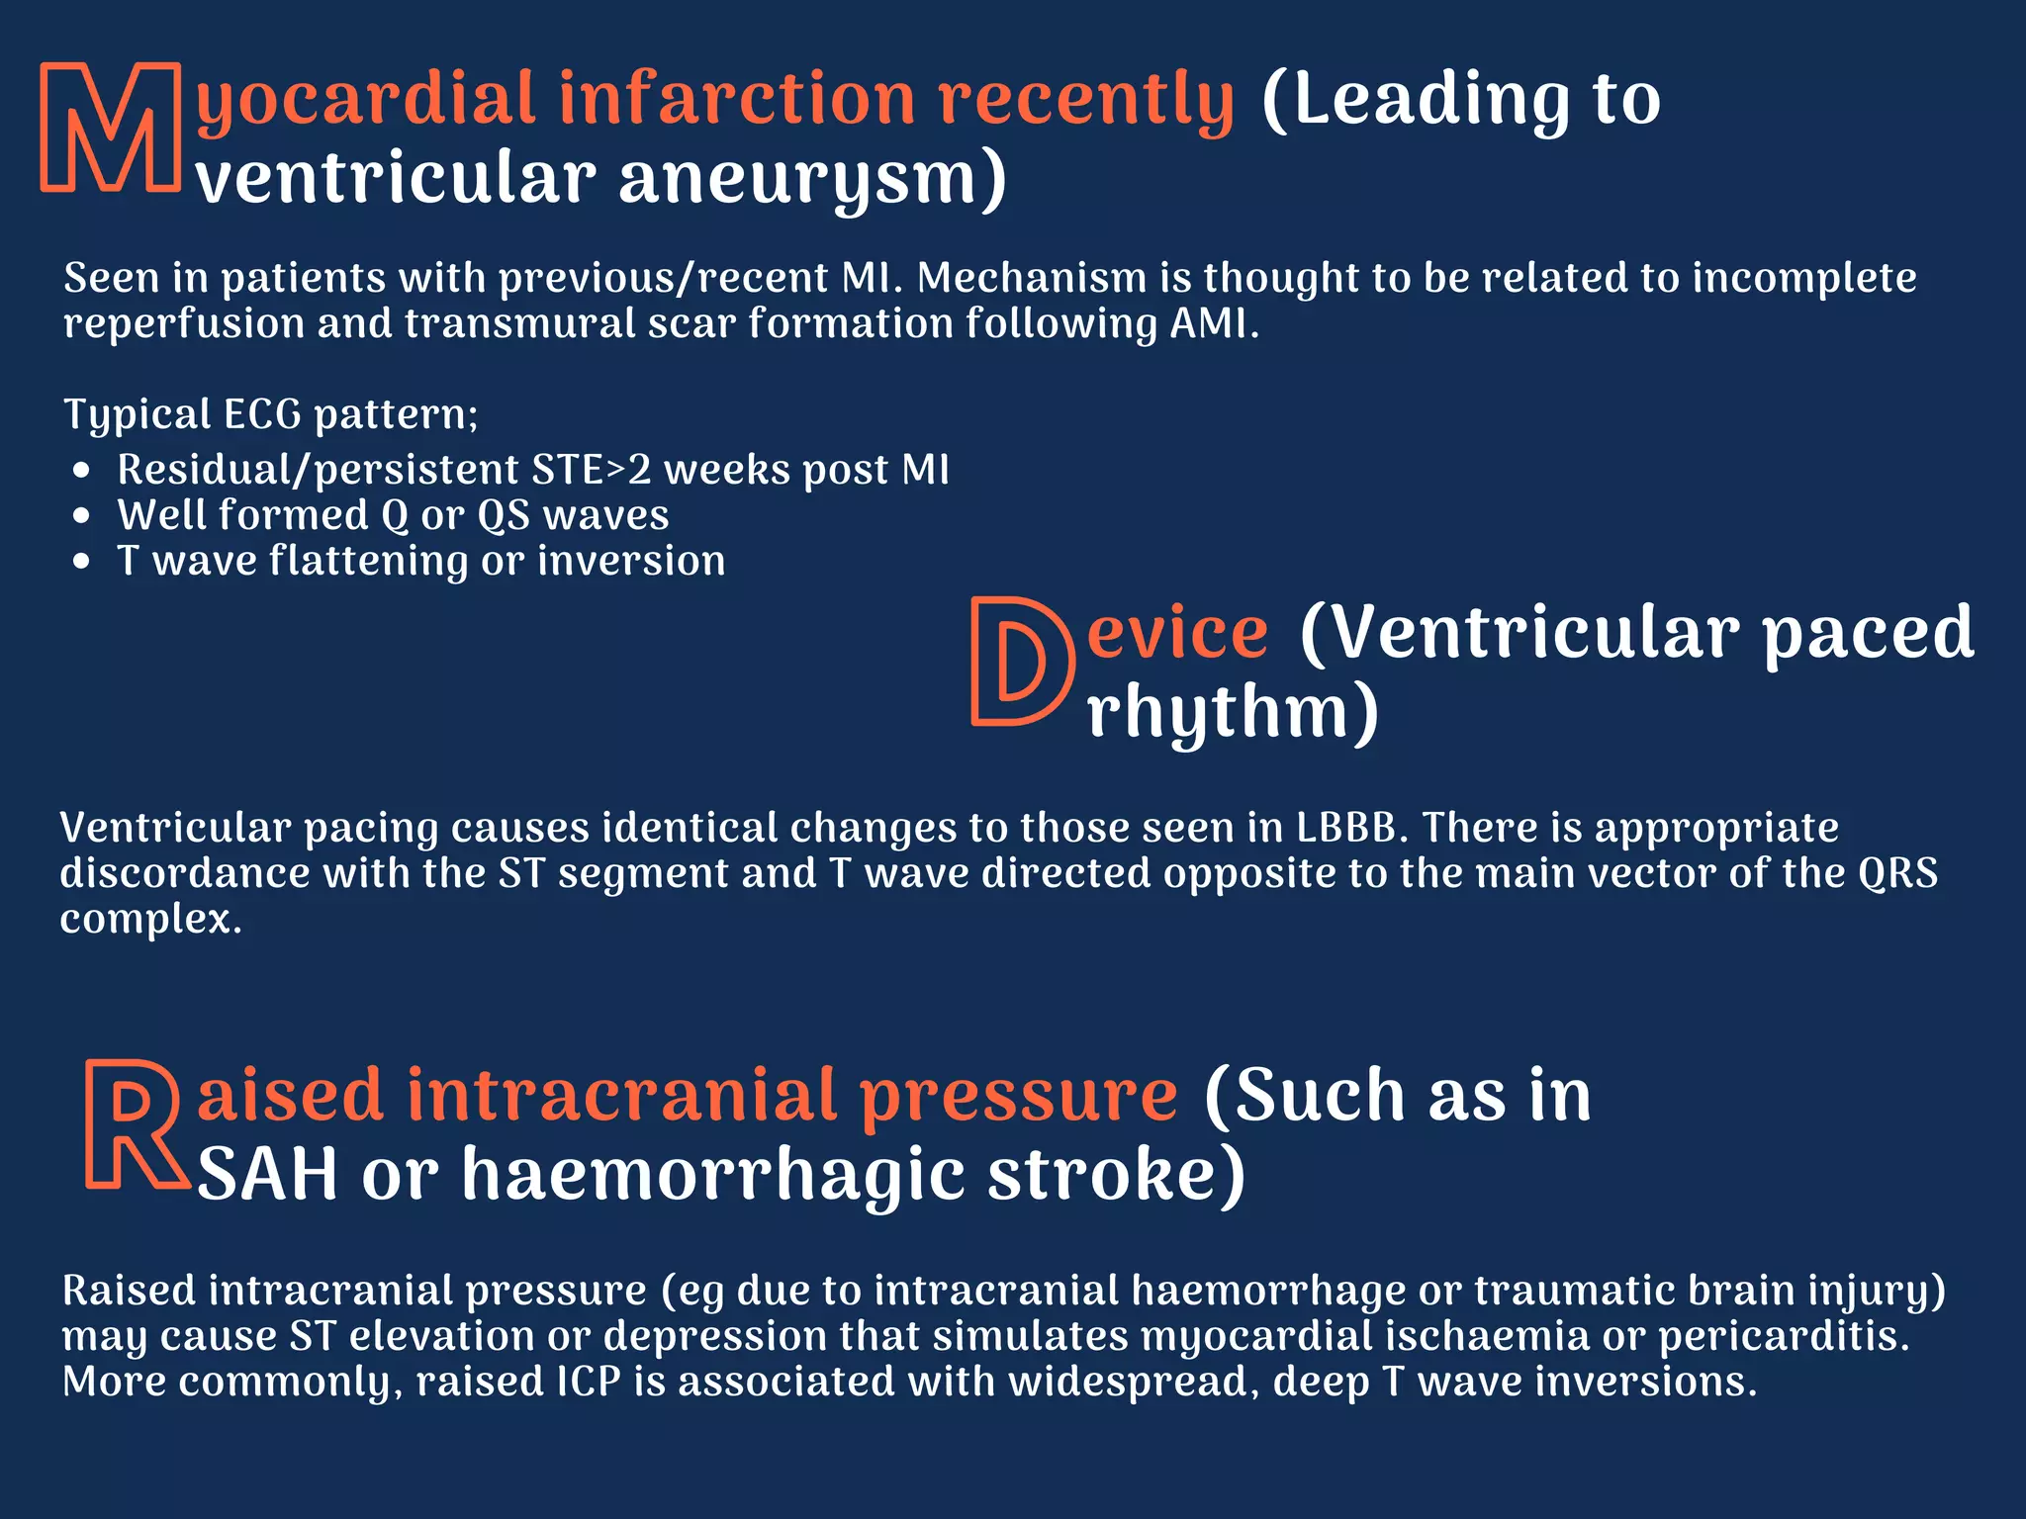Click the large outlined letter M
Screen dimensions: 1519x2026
[x=111, y=127]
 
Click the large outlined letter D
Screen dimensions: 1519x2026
[x=1021, y=661]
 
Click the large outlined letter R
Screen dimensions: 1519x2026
[x=134, y=1123]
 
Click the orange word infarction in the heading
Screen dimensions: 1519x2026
[x=737, y=99]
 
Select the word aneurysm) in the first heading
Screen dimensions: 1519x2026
[x=812, y=180]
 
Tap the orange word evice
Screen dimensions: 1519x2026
[x=1177, y=633]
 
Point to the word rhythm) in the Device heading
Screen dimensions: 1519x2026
[x=1233, y=712]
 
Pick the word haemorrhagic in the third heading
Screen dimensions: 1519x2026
[x=713, y=1175]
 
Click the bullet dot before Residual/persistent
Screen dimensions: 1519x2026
[x=82, y=471]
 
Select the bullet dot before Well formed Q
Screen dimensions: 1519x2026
[x=82, y=516]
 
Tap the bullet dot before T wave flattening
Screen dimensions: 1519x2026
[x=82, y=562]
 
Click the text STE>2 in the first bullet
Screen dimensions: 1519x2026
[x=591, y=470]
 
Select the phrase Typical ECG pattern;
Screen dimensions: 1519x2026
[x=271, y=414]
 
